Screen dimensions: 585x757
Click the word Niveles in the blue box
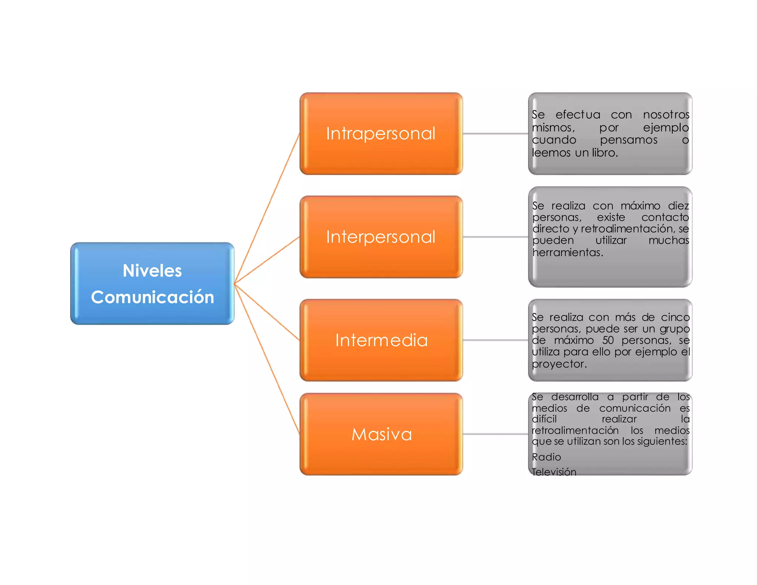point(152,271)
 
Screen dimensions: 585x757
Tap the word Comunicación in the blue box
point(152,297)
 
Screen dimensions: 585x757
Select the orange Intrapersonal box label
point(381,133)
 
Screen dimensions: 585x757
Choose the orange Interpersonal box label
point(381,237)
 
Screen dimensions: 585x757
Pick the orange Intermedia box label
point(381,340)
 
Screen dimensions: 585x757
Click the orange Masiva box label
point(381,434)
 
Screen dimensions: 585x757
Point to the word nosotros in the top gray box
point(666,115)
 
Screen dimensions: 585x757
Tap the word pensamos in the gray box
point(628,140)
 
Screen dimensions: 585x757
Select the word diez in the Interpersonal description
point(678,206)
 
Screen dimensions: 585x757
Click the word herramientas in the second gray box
point(567,253)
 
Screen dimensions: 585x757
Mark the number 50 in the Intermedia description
point(608,340)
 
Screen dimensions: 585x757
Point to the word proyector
point(559,364)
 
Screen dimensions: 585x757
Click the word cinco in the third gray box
point(675,317)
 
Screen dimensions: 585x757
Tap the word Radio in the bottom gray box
point(546,457)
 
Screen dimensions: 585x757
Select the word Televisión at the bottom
point(554,472)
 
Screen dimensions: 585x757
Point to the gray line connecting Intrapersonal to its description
point(495,133)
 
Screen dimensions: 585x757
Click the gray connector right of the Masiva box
point(495,434)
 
